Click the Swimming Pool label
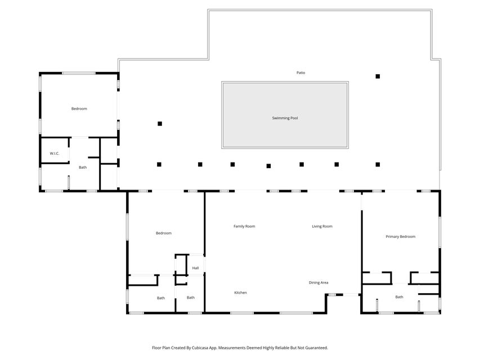[x=285, y=118]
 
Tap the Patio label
[x=301, y=73]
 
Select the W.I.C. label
[x=55, y=153]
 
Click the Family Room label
[x=244, y=226]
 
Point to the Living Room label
[x=322, y=226]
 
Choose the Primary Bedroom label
[x=400, y=236]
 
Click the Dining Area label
[x=318, y=282]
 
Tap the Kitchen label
[x=240, y=292]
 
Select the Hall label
[x=195, y=268]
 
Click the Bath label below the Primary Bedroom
[x=399, y=297]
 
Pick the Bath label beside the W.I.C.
[x=83, y=167]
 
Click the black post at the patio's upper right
[x=378, y=76]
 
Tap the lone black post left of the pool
[x=160, y=123]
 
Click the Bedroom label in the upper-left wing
[x=79, y=109]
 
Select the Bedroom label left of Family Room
[x=163, y=233]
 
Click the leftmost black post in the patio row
[x=159, y=164]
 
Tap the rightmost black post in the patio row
[x=378, y=164]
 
